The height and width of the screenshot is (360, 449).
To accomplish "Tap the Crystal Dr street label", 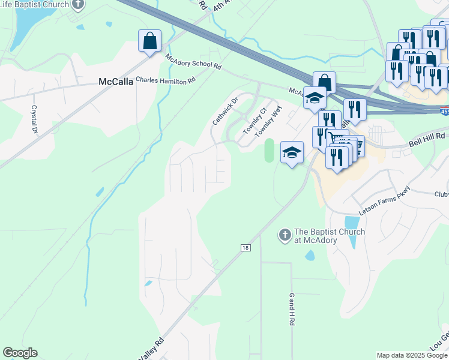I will coord(35,120).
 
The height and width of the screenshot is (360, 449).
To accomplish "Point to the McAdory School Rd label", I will coord(194,61).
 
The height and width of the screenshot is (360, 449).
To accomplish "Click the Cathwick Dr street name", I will coord(225,111).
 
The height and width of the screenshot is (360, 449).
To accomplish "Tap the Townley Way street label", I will coord(270,122).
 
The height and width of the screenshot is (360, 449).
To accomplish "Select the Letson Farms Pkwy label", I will coord(384,209).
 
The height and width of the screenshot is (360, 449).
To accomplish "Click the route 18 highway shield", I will coord(246,247).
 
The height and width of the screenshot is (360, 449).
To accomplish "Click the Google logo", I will coord(20,353).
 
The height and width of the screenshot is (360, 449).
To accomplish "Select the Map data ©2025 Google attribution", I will coord(411,355).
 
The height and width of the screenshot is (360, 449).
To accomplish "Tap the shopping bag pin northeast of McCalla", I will coord(149,41).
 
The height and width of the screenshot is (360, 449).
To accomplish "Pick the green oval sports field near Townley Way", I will coord(269,150).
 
